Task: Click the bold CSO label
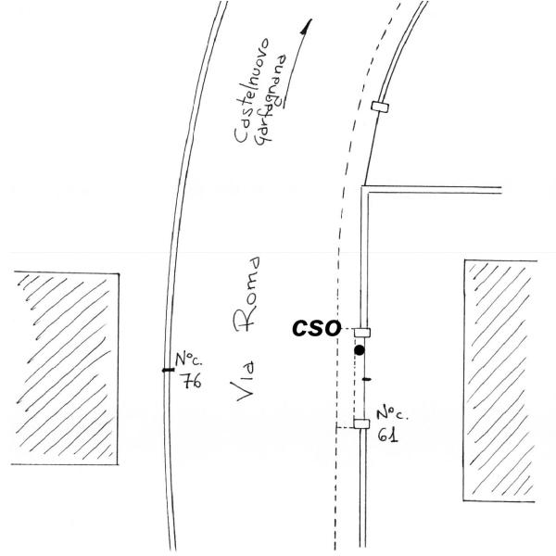[315, 328]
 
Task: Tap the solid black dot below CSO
[360, 350]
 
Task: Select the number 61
[388, 435]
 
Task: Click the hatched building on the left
[65, 367]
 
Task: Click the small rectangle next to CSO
[362, 331]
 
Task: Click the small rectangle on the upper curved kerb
[379, 107]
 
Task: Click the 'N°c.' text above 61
[390, 414]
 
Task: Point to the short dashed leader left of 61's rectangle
[345, 426]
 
